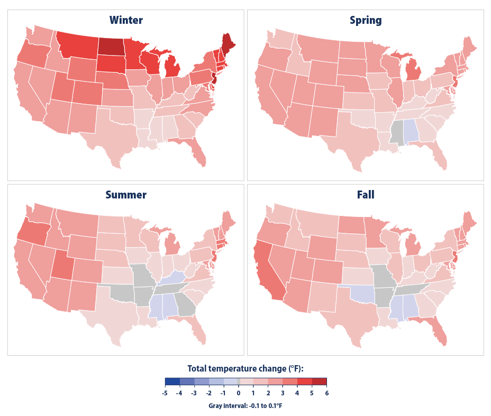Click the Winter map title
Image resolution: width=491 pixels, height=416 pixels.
click(126, 21)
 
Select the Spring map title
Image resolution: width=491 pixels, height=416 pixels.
click(366, 21)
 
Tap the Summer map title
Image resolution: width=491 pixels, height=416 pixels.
click(126, 195)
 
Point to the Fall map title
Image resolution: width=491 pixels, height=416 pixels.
click(366, 195)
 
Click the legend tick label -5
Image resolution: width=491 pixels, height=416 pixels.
click(165, 393)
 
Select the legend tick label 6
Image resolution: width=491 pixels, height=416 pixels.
click(326, 393)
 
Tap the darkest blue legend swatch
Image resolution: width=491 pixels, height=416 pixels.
click(172, 381)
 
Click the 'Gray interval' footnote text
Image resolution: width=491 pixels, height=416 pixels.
click(245, 405)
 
